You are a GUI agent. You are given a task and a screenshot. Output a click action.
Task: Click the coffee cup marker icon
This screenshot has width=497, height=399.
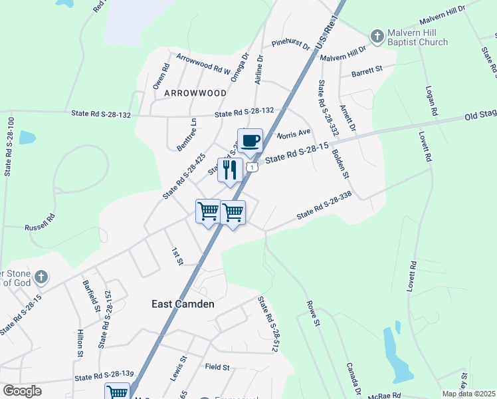click(250, 141)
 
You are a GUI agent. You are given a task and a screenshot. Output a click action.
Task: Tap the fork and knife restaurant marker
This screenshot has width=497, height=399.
click(230, 170)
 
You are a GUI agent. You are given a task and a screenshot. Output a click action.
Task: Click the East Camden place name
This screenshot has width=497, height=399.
click(183, 304)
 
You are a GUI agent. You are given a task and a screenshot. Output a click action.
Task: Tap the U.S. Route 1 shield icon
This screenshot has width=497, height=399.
click(252, 168)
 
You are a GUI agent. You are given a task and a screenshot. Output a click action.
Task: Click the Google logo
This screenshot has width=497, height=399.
click(21, 391)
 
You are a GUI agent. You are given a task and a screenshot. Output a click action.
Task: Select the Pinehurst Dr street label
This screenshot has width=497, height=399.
click(291, 45)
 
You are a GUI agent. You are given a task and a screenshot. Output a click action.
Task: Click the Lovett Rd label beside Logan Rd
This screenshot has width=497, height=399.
click(426, 146)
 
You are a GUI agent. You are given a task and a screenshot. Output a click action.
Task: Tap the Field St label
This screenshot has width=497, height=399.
click(217, 366)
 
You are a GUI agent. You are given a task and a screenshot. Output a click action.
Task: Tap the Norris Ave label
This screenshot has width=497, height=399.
click(293, 134)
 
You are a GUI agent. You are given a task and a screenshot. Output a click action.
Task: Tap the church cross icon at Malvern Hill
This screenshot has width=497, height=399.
click(377, 36)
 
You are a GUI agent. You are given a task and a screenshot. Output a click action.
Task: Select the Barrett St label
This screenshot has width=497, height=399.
click(367, 70)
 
